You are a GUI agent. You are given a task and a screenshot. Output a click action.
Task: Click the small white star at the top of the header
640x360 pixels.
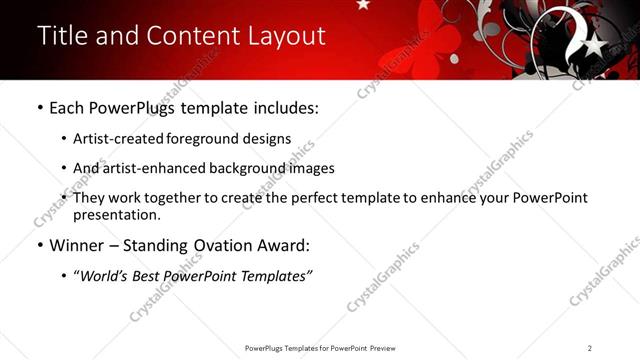click(x=362, y=5)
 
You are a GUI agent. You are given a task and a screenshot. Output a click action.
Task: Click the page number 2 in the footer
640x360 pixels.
click(x=589, y=348)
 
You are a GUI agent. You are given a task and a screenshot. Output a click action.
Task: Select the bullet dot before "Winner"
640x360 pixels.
click(x=39, y=245)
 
